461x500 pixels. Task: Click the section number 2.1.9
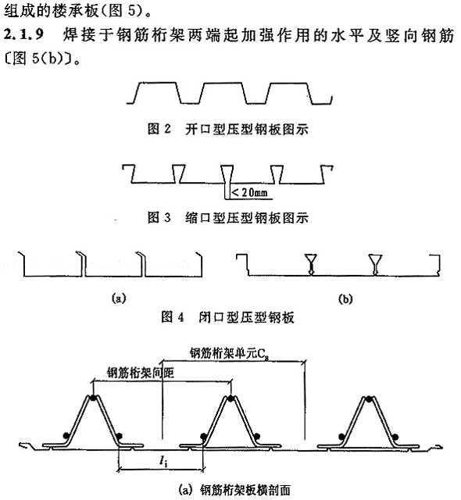click(24, 34)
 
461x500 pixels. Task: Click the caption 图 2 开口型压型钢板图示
click(228, 129)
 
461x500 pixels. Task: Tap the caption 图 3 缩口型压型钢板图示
click(228, 218)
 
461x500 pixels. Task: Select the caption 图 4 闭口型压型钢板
click(227, 317)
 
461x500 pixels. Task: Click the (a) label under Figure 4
click(119, 298)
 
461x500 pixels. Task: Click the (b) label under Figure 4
click(346, 298)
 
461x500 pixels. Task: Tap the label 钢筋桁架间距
click(141, 373)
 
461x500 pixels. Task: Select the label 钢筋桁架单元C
click(230, 354)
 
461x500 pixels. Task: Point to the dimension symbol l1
click(163, 461)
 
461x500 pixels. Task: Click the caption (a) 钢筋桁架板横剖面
click(235, 490)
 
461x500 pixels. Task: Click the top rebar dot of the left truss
click(93, 398)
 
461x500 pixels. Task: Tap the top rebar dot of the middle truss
click(230, 398)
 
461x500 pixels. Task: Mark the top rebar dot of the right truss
click(368, 398)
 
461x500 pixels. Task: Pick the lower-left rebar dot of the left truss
click(66, 435)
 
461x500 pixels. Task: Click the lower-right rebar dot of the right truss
click(395, 436)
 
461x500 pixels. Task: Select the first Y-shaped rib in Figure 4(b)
click(311, 264)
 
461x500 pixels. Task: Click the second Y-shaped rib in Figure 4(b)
click(375, 264)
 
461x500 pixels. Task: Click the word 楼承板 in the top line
click(74, 11)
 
